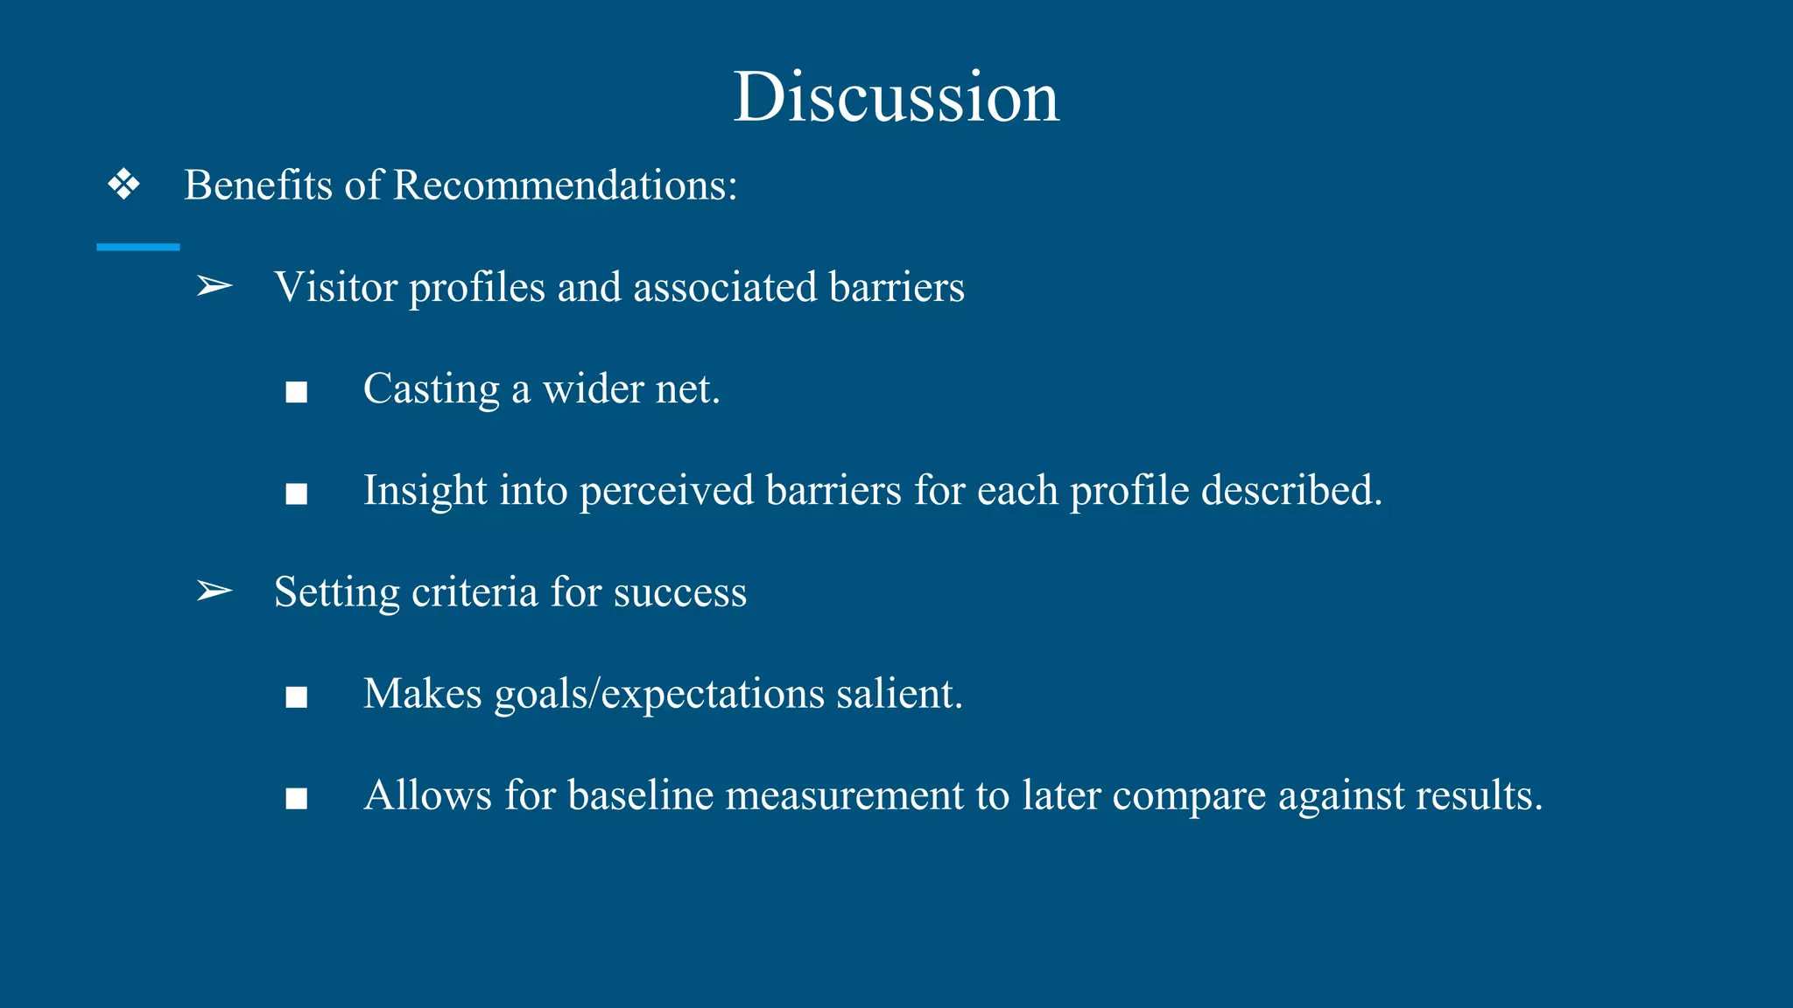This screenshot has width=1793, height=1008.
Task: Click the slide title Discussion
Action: [x=896, y=96]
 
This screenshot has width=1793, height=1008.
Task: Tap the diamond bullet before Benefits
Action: [x=123, y=185]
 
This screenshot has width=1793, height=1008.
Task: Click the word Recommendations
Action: [x=565, y=185]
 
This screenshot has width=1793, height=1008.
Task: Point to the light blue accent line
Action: [x=137, y=248]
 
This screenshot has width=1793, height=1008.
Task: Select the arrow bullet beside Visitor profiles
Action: [x=214, y=286]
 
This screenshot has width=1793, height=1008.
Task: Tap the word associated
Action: [x=725, y=287]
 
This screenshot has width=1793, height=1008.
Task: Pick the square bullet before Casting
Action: [x=297, y=392]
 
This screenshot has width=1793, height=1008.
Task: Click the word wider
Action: [x=593, y=388]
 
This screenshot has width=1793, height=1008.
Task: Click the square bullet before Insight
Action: [x=297, y=493]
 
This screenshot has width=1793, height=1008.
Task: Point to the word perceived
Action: [x=665, y=491]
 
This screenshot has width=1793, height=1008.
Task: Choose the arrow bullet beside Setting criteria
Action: [x=214, y=591]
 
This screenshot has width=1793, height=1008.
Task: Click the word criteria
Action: [x=474, y=591]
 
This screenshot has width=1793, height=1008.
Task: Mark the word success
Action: [x=680, y=592]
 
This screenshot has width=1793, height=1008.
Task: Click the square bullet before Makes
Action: [x=297, y=697]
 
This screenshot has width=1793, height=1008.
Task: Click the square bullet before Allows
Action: [x=297, y=799]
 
